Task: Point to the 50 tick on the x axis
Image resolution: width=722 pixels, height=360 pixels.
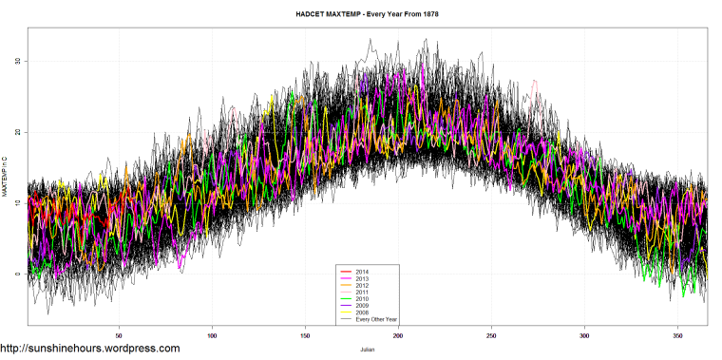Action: (119, 335)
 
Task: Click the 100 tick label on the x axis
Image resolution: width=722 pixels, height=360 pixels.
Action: (212, 335)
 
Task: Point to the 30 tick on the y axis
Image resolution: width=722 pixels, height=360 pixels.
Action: (17, 61)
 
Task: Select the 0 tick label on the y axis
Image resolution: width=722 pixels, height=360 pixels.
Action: (18, 275)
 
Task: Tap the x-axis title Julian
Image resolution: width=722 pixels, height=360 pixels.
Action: (367, 348)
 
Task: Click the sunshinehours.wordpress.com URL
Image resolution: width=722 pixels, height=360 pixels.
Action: (90, 349)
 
